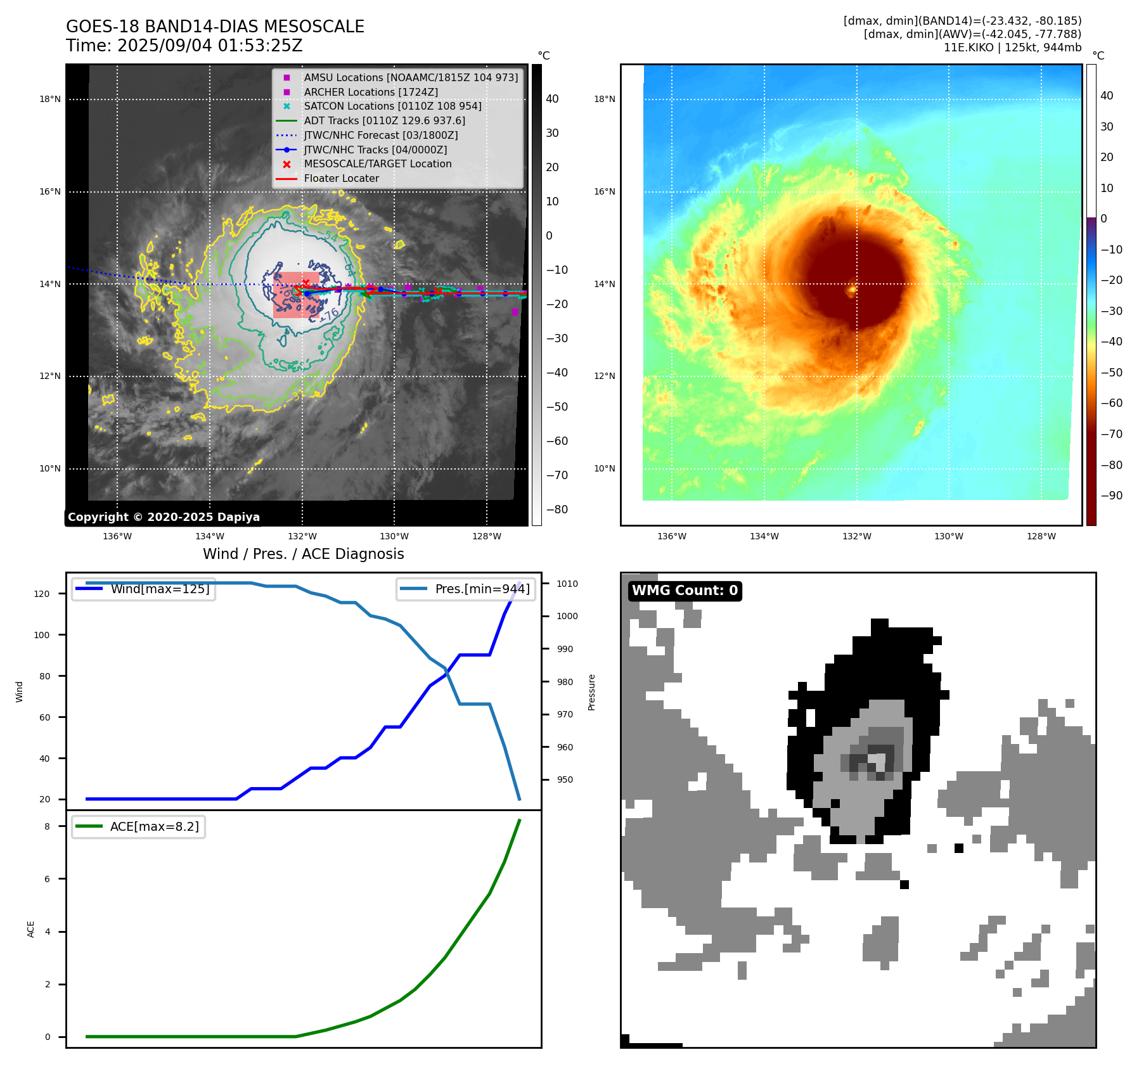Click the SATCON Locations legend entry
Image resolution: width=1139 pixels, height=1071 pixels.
tap(392, 106)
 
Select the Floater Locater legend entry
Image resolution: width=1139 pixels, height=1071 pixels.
tap(341, 179)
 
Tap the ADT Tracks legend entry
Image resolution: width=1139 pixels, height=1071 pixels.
tap(384, 121)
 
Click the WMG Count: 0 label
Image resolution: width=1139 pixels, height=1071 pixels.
tap(685, 591)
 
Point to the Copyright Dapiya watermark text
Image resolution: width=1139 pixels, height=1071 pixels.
tap(164, 517)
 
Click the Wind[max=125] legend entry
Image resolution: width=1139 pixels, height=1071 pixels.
tap(160, 589)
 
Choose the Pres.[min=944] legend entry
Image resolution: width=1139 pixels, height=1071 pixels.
tap(482, 589)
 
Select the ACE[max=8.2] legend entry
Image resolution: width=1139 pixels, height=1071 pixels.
tap(154, 826)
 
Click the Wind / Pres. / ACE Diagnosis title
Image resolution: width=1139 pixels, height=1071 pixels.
tap(303, 554)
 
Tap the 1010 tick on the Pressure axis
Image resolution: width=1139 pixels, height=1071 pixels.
tap(567, 584)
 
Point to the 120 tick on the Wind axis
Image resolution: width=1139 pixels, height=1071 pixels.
tap(42, 594)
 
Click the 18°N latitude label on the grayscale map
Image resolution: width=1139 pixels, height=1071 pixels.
tap(50, 99)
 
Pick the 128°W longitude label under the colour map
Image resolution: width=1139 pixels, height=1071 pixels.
tap(1041, 537)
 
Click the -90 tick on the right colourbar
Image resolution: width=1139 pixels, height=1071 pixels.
tap(1111, 496)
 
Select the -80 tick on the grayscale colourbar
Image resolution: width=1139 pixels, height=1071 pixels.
tap(557, 510)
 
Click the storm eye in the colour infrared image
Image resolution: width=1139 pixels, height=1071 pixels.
tap(853, 290)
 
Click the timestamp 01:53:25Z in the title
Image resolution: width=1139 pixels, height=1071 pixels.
tap(260, 46)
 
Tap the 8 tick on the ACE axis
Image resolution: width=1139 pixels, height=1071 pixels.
tap(47, 826)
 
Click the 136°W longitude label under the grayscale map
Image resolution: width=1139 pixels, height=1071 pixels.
tap(117, 537)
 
